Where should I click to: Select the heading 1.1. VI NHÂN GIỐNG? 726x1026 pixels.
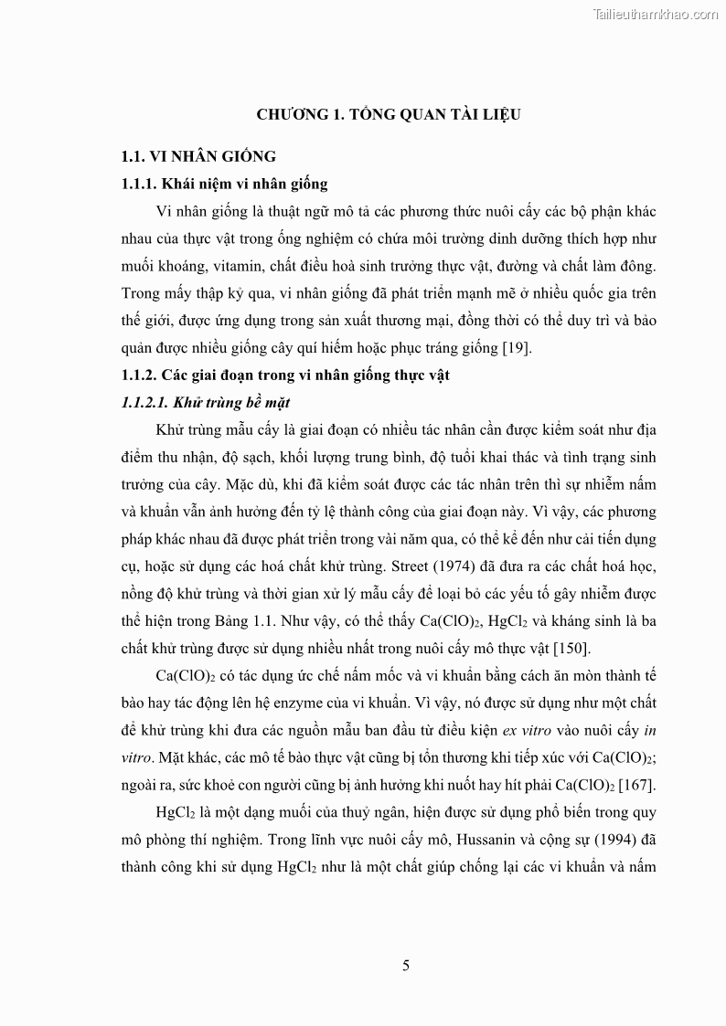click(198, 157)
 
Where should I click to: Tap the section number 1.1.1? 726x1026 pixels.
click(141, 184)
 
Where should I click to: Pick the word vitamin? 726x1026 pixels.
click(235, 266)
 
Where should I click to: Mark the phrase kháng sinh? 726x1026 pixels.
click(581, 621)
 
